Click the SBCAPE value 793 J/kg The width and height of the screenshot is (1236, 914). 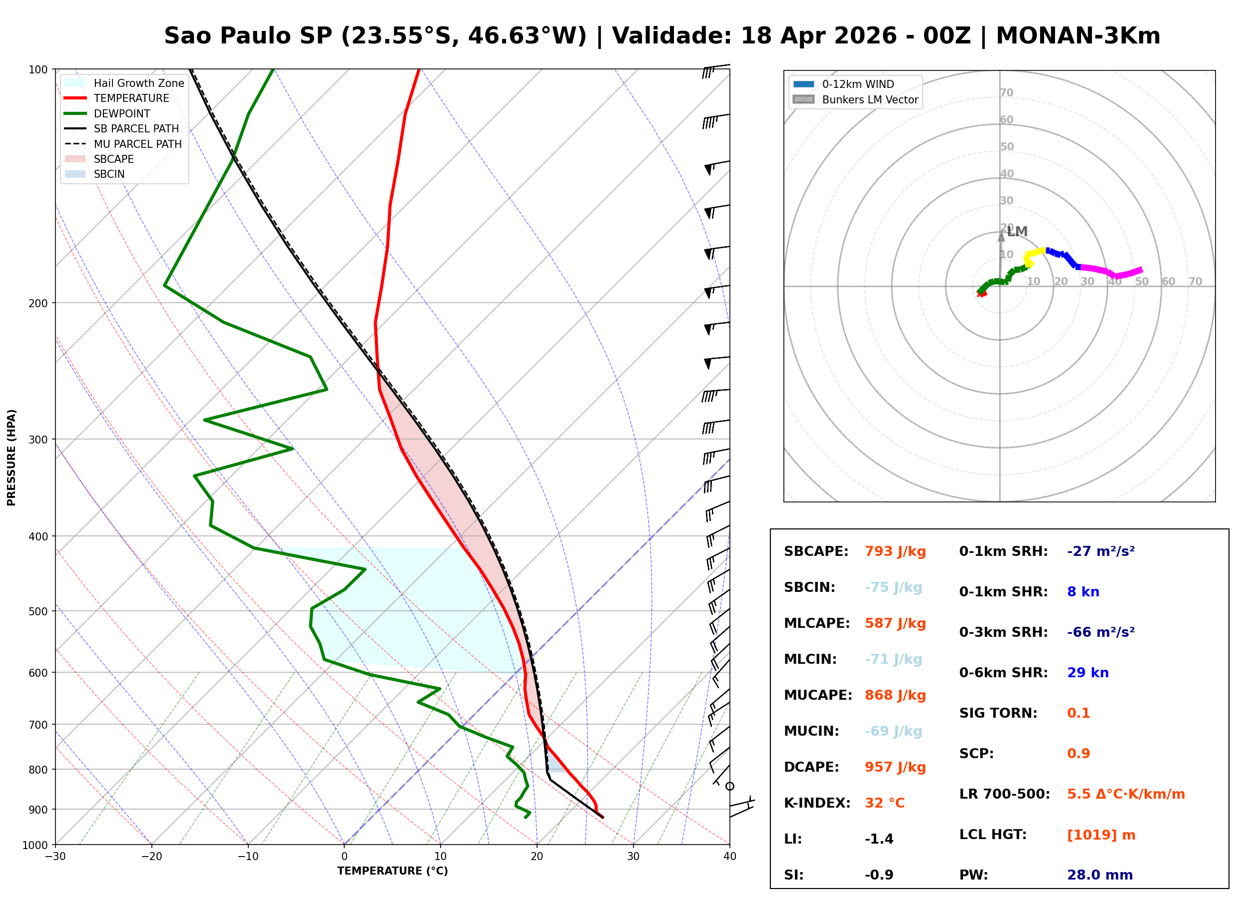pyautogui.click(x=895, y=551)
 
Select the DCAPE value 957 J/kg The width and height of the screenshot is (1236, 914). pyautogui.click(x=895, y=767)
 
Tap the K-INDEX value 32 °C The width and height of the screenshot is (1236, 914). pyautogui.click(x=884, y=803)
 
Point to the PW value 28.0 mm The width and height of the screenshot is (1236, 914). pyautogui.click(x=1099, y=875)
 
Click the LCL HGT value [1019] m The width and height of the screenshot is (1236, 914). pyautogui.click(x=1101, y=835)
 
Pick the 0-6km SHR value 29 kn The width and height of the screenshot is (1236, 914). pyautogui.click(x=1087, y=673)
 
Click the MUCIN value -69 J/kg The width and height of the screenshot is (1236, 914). pyautogui.click(x=893, y=731)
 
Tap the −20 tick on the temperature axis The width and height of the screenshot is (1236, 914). pyautogui.click(x=151, y=857)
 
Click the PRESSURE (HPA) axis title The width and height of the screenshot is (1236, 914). pyautogui.click(x=11, y=457)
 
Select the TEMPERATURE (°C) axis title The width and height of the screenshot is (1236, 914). pyautogui.click(x=392, y=871)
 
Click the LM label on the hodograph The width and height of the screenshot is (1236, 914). pyautogui.click(x=1016, y=232)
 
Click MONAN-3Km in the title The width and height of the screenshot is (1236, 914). pyautogui.click(x=1077, y=36)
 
